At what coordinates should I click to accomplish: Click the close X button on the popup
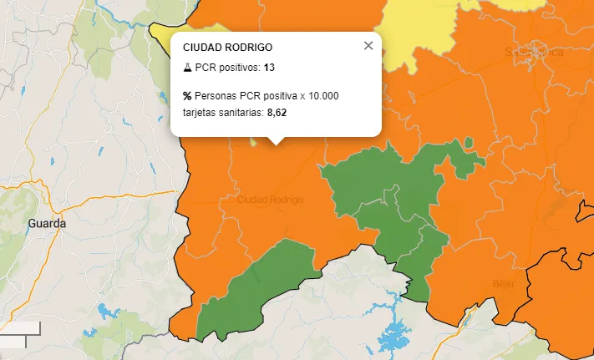[x=368, y=46]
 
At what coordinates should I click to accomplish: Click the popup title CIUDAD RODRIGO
[x=227, y=48]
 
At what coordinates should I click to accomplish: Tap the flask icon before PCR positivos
[x=187, y=66]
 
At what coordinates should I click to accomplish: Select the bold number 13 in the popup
[x=269, y=66]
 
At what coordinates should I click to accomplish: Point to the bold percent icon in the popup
[x=187, y=96]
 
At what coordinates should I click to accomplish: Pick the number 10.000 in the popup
[x=323, y=96]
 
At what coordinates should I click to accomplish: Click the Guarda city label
[x=46, y=224]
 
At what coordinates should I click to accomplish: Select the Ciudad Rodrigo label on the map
[x=270, y=200]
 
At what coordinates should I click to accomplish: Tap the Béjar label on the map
[x=502, y=282]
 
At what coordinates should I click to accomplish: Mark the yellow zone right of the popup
[x=418, y=33]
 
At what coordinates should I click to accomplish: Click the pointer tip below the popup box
[x=276, y=143]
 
